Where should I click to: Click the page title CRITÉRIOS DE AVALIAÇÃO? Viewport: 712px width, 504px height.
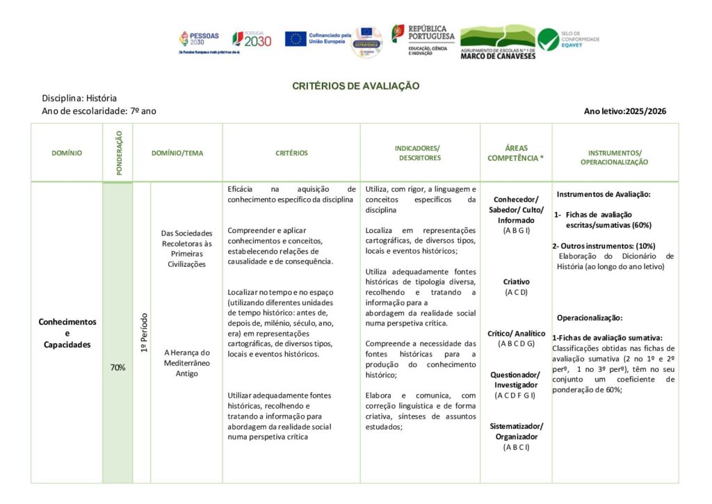[355, 86]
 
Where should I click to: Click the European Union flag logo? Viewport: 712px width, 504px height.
[296, 39]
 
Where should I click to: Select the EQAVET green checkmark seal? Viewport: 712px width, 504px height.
[548, 39]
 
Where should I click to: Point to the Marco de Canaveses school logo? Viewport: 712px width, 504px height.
[498, 42]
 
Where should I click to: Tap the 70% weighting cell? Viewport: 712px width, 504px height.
[118, 367]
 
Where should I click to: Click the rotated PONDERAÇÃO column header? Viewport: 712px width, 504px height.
[118, 152]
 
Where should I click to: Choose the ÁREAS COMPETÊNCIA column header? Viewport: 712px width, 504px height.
[515, 153]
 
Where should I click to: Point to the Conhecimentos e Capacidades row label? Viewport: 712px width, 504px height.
[67, 333]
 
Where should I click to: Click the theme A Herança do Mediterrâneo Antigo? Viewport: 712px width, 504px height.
[186, 363]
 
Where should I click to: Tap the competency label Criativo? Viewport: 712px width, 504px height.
[516, 282]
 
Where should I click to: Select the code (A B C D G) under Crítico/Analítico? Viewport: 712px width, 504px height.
[516, 343]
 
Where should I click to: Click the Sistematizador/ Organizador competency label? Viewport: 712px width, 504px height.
[516, 431]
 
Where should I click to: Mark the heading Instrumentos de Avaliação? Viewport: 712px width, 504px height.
[604, 195]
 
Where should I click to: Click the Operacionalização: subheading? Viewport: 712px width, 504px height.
[590, 318]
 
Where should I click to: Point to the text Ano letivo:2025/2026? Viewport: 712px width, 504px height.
[625, 111]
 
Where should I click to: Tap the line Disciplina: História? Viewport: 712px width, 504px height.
[79, 98]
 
